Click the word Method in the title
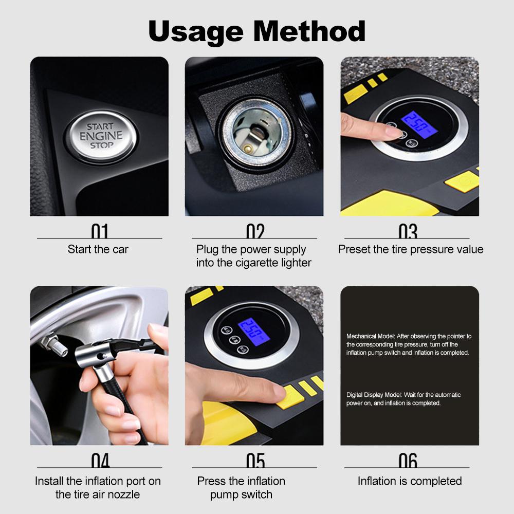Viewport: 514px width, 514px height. point(309,31)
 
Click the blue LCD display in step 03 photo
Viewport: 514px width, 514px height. point(420,125)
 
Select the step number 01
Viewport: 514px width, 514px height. point(100,231)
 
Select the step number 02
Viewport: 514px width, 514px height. point(255,231)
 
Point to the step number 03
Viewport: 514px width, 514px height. point(408,231)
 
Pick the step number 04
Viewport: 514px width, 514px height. point(100,460)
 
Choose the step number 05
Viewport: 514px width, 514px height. point(255,460)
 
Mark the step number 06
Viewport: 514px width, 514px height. point(408,460)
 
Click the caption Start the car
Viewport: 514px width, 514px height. point(98,249)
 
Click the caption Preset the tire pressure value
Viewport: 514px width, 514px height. point(411,249)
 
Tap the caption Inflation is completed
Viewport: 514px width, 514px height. point(410,481)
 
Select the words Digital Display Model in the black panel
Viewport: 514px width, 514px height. point(374,395)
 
